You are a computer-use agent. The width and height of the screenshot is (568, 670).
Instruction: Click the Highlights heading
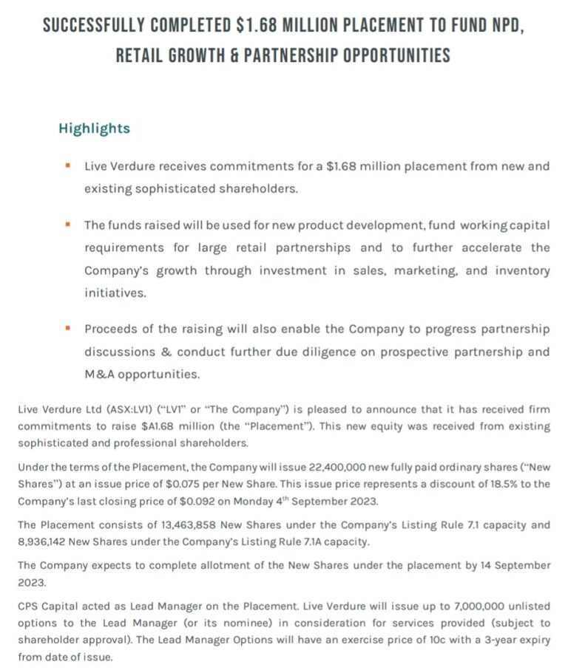pyautogui.click(x=94, y=129)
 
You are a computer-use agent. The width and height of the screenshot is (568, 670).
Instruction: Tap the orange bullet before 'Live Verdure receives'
pyautogui.click(x=67, y=165)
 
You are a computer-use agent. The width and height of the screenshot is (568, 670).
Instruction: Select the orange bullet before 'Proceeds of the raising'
pyautogui.click(x=67, y=328)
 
